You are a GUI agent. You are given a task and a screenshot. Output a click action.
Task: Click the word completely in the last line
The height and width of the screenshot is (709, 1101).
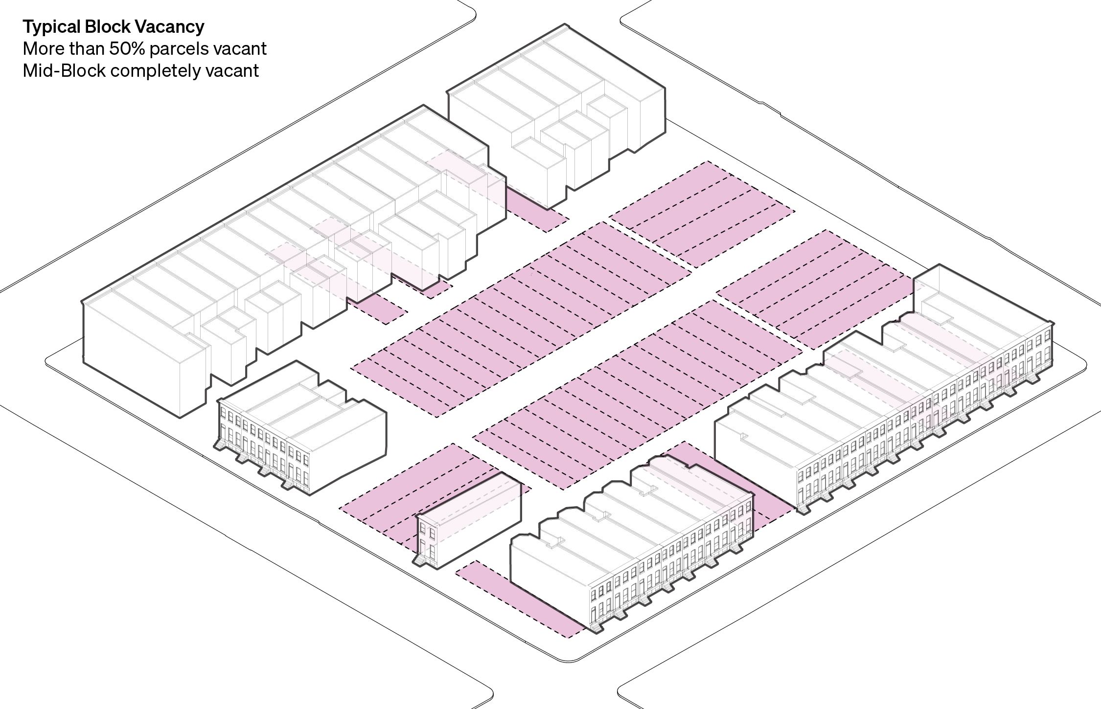156,71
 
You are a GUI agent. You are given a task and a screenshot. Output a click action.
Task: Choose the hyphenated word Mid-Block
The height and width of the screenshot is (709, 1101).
64,71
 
